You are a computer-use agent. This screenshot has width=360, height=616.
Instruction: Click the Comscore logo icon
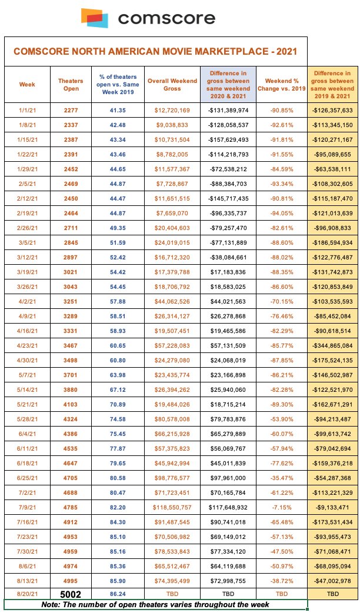[x=95, y=18]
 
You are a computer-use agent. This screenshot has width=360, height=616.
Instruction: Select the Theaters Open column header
[x=71, y=84]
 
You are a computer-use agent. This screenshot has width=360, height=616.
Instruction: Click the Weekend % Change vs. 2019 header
[x=281, y=84]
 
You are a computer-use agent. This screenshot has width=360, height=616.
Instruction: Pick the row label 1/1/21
[x=27, y=110]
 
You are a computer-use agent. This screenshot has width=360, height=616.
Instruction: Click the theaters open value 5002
[x=71, y=593]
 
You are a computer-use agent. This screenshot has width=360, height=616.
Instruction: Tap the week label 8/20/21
[x=27, y=593]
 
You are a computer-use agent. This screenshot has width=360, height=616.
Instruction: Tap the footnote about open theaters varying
[x=156, y=605]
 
